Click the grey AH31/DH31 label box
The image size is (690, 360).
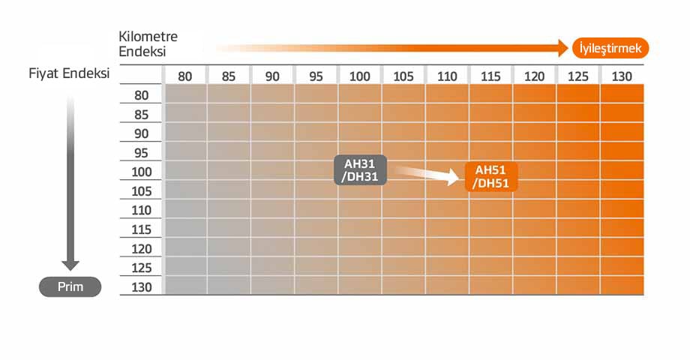coord(361,170)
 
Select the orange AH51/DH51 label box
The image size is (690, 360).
coord(491,176)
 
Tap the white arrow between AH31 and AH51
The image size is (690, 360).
coord(426,174)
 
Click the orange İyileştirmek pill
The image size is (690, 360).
coord(610,48)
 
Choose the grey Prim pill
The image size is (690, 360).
coord(70,287)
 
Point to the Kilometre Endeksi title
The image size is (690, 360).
coord(148,44)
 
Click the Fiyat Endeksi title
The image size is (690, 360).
coord(69,73)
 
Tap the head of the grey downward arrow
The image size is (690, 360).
coord(70,265)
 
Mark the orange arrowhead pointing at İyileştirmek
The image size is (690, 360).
coord(563,48)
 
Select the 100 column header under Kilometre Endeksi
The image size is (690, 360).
coord(359,76)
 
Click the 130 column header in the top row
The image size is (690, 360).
coord(622,76)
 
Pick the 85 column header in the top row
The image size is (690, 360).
coord(229,76)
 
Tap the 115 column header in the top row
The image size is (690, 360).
coord(490,76)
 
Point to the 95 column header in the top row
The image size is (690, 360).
coord(316,76)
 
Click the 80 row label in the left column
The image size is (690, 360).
coord(141,95)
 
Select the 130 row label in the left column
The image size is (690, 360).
coord(141,287)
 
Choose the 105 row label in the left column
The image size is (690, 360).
coord(141,191)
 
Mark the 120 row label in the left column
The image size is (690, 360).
coord(141,249)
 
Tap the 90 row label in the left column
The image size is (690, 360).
coord(141,133)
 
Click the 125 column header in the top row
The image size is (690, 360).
coord(578,76)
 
